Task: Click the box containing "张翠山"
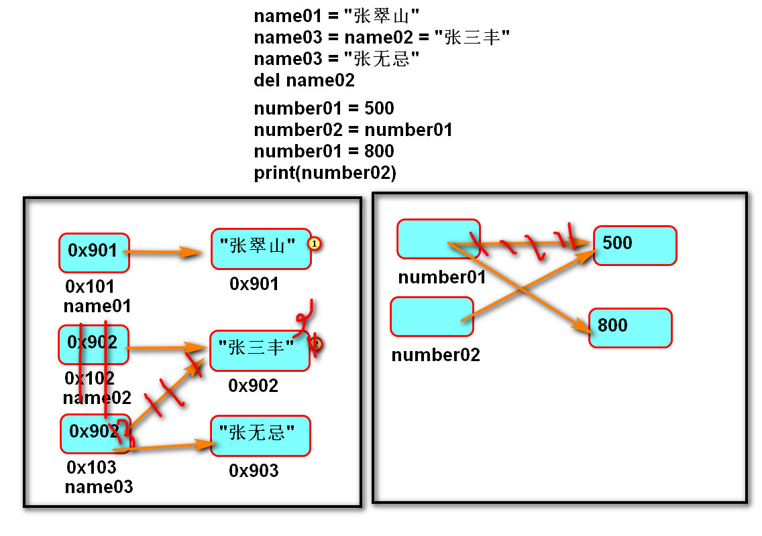click(262, 249)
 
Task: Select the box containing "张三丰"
click(260, 350)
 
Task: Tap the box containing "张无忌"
click(260, 435)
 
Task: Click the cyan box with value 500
click(635, 245)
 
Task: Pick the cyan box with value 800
click(631, 328)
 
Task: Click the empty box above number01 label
click(438, 239)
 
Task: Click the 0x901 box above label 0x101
click(94, 253)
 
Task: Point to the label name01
click(97, 307)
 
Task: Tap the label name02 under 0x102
click(97, 398)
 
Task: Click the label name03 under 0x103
click(99, 487)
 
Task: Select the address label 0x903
click(254, 471)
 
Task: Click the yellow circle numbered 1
click(315, 244)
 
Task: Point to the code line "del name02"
click(304, 80)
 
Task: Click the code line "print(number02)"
click(325, 173)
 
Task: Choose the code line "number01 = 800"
click(324, 151)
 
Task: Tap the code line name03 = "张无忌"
click(337, 59)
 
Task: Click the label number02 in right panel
click(436, 355)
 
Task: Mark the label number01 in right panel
click(441, 277)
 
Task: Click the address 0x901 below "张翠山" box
click(254, 284)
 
